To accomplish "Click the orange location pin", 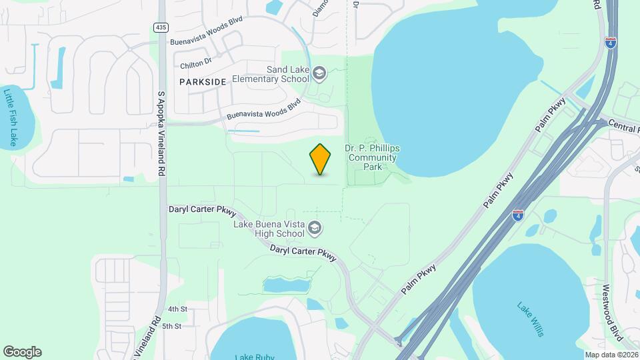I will point(320,159).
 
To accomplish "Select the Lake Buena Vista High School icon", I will point(315,229).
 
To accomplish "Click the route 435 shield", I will point(160,27).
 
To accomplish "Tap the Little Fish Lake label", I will point(10,117).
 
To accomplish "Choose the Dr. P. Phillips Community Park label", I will point(372,157).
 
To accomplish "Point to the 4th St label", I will point(177,309).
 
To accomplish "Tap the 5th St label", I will point(171,326).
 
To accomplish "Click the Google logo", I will point(22,352).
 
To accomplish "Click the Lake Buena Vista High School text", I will point(270,229).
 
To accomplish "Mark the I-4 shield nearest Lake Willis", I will point(518,215).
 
